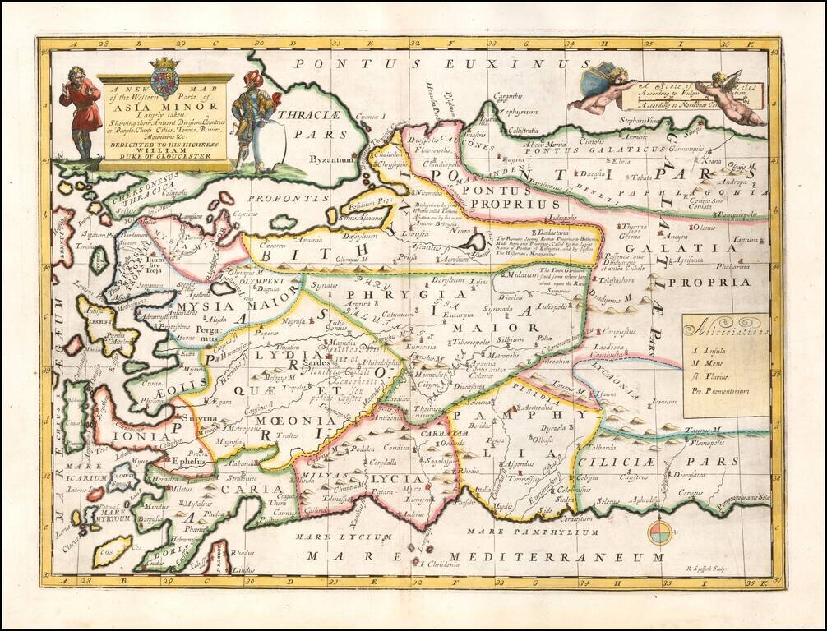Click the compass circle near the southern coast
(x=659, y=533)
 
